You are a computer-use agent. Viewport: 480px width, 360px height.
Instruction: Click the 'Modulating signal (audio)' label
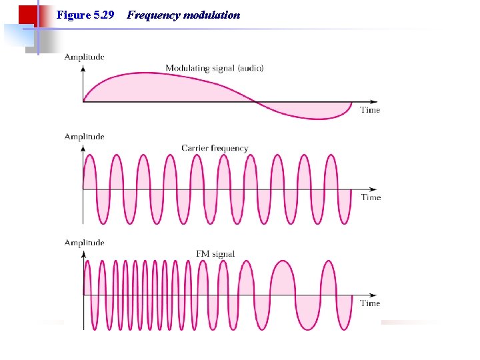[x=214, y=68]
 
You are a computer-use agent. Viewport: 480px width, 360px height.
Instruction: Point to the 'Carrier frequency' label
[x=215, y=148]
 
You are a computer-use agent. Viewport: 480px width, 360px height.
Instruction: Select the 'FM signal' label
[x=215, y=253]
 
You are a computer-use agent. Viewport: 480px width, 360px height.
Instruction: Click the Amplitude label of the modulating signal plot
[x=84, y=57]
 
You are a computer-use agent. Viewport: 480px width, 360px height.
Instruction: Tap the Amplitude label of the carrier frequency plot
[x=84, y=137]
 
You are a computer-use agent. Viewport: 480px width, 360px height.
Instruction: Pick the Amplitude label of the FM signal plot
[x=84, y=243]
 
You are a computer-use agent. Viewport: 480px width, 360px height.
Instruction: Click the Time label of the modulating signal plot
[x=370, y=110]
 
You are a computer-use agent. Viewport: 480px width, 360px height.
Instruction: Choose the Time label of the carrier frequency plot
[x=371, y=197]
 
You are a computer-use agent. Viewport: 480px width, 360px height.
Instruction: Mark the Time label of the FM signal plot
[x=370, y=303]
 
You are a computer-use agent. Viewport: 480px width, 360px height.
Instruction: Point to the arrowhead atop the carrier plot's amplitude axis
[x=83, y=148]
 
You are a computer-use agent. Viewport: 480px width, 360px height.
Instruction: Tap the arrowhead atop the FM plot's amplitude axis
[x=83, y=254]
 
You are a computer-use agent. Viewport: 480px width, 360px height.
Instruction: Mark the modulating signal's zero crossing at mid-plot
[x=255, y=102]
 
